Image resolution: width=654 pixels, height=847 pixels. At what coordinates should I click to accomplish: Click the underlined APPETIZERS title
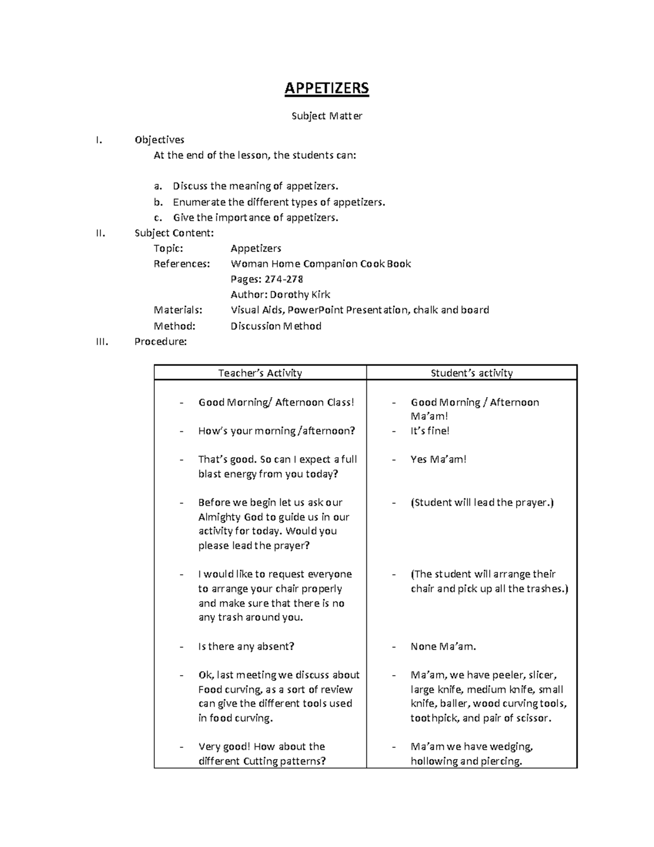coord(326,88)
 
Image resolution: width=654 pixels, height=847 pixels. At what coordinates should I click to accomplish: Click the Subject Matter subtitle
coord(326,116)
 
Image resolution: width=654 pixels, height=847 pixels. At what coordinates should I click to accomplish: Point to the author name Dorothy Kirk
coord(300,295)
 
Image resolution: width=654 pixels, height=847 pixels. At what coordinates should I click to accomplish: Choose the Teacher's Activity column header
coord(260,373)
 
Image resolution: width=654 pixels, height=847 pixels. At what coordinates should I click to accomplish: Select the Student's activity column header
coord(471,373)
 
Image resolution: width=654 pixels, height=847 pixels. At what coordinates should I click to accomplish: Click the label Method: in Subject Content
coord(174,326)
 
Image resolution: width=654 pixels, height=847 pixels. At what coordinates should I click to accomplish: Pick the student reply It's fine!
coord(430,431)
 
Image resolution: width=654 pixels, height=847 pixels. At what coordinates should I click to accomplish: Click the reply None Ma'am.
coord(443,646)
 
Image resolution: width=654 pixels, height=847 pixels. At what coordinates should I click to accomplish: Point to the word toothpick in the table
coord(434,718)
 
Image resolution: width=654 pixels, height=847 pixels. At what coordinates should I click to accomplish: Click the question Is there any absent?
coord(246,646)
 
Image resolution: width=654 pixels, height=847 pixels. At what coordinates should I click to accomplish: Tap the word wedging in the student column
coord(511,747)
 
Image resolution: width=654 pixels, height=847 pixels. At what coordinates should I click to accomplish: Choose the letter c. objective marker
coord(158,218)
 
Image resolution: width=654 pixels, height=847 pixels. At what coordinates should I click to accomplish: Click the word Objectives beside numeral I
coord(159,140)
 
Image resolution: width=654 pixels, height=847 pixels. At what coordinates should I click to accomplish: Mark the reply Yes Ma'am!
coord(439,459)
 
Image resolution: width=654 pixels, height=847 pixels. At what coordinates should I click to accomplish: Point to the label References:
coord(181,264)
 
